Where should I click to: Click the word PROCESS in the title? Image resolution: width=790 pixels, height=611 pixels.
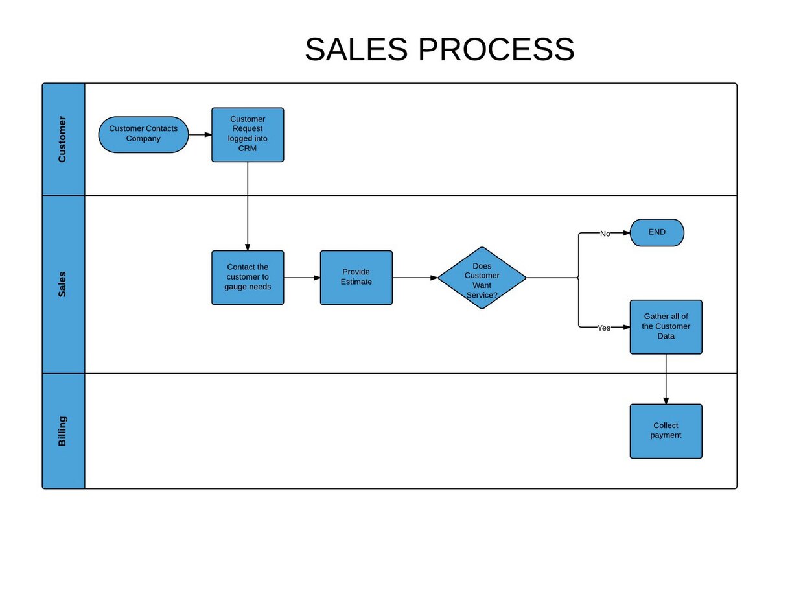(x=496, y=50)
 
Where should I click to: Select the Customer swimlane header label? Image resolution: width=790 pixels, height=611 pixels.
(x=63, y=139)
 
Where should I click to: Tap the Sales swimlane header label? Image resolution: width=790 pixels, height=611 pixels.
(x=63, y=284)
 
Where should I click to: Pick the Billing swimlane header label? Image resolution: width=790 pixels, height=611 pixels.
(x=63, y=431)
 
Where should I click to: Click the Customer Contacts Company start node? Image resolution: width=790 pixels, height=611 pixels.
(x=143, y=134)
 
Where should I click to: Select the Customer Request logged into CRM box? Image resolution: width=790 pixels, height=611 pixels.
(x=248, y=134)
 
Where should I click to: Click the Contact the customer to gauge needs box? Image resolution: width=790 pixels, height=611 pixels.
(x=248, y=277)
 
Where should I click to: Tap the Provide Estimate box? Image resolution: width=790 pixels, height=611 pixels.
(x=356, y=277)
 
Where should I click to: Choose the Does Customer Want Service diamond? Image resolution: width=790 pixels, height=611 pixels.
(x=482, y=278)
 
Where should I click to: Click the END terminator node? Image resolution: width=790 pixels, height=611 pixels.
(x=656, y=232)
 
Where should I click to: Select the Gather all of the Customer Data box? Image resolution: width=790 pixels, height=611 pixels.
(x=666, y=327)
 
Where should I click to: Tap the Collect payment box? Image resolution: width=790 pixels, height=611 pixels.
(x=666, y=431)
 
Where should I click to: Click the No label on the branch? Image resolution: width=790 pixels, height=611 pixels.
(x=605, y=234)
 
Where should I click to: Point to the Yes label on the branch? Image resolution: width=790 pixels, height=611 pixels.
(x=603, y=328)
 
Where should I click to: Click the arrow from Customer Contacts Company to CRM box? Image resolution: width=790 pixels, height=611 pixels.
(x=200, y=135)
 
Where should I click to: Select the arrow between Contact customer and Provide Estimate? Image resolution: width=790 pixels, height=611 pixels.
(x=302, y=278)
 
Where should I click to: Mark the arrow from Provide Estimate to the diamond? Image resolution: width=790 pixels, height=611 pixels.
(x=415, y=278)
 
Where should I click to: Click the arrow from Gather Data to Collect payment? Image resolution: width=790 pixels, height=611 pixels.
(x=666, y=379)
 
